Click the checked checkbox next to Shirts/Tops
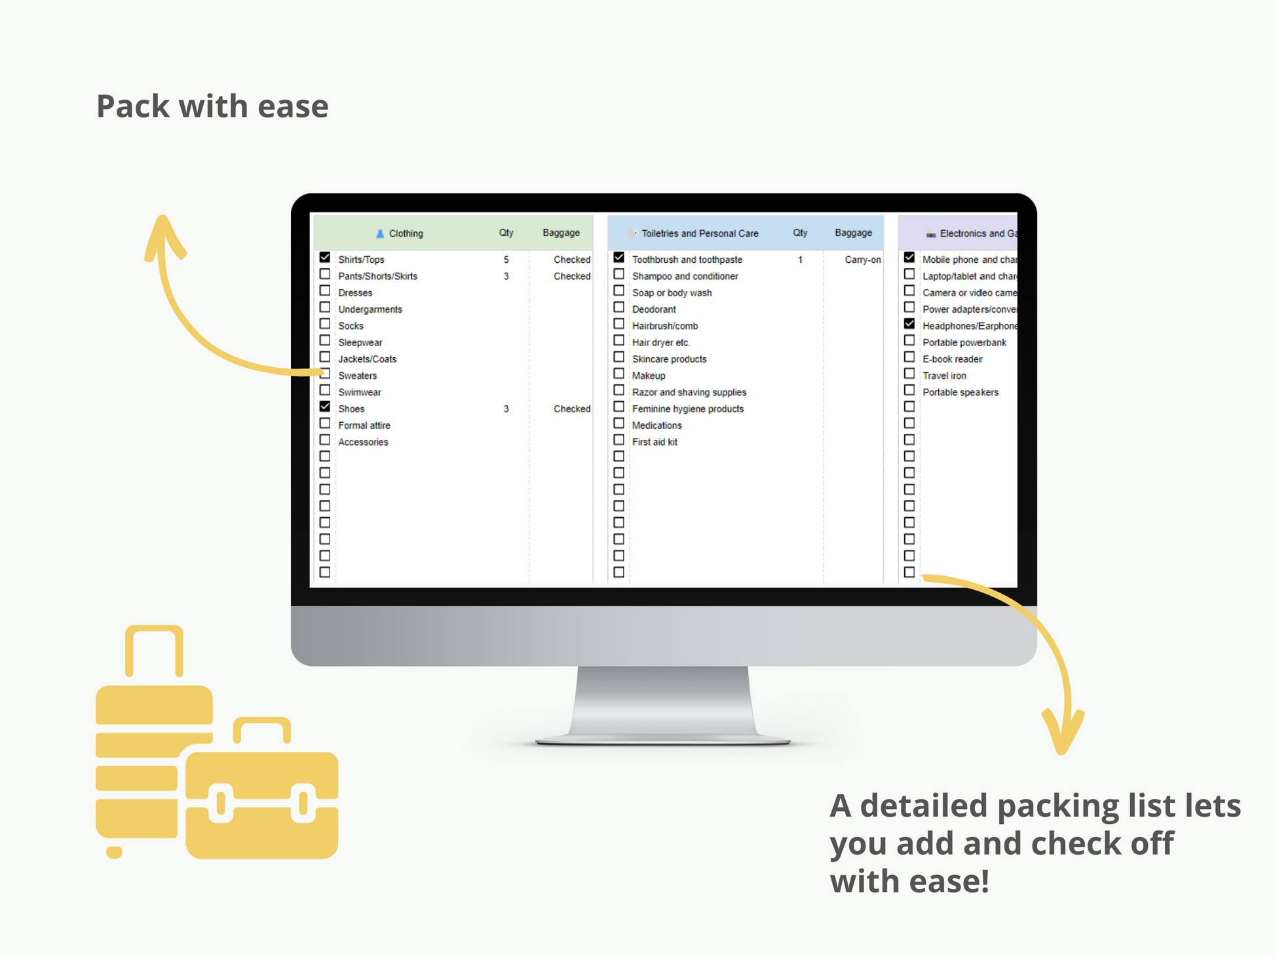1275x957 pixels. [325, 258]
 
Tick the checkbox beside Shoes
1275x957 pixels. [325, 406]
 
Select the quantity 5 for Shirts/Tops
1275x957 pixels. [506, 260]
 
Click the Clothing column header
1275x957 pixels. [406, 233]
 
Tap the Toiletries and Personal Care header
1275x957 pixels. [699, 233]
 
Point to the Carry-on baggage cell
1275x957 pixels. [862, 260]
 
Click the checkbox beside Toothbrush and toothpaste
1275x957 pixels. [618, 258]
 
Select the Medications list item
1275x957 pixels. [657, 425]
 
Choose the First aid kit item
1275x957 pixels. [655, 442]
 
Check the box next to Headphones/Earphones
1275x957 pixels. [909, 324]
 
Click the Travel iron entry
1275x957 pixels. [944, 376]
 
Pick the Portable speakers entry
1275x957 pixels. [961, 392]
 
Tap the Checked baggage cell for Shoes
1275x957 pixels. [571, 408]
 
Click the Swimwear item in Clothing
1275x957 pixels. [359, 392]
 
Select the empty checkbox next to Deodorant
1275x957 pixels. [618, 307]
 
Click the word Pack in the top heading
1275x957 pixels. [133, 106]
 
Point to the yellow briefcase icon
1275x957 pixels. [262, 800]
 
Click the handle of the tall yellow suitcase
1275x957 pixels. [154, 646]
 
